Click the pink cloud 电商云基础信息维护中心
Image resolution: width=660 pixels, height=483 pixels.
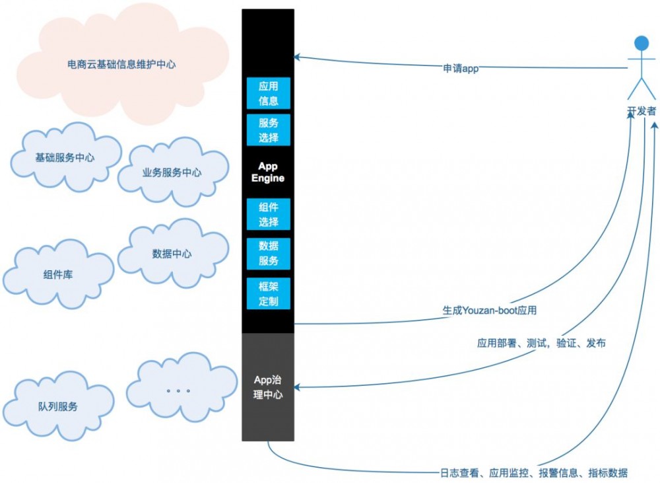click(122, 65)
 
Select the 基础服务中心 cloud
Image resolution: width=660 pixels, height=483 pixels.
click(65, 158)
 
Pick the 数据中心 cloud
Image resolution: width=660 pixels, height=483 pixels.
click(172, 254)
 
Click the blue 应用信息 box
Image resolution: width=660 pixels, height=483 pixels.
click(268, 93)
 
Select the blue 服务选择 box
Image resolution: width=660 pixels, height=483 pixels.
click(268, 130)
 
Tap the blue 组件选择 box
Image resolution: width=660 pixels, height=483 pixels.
click(268, 214)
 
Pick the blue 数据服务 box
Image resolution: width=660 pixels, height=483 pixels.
click(268, 252)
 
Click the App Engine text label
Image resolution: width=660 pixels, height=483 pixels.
click(268, 172)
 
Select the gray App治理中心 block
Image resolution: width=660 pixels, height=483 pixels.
click(268, 387)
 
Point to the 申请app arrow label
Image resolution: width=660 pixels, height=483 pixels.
click(461, 67)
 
